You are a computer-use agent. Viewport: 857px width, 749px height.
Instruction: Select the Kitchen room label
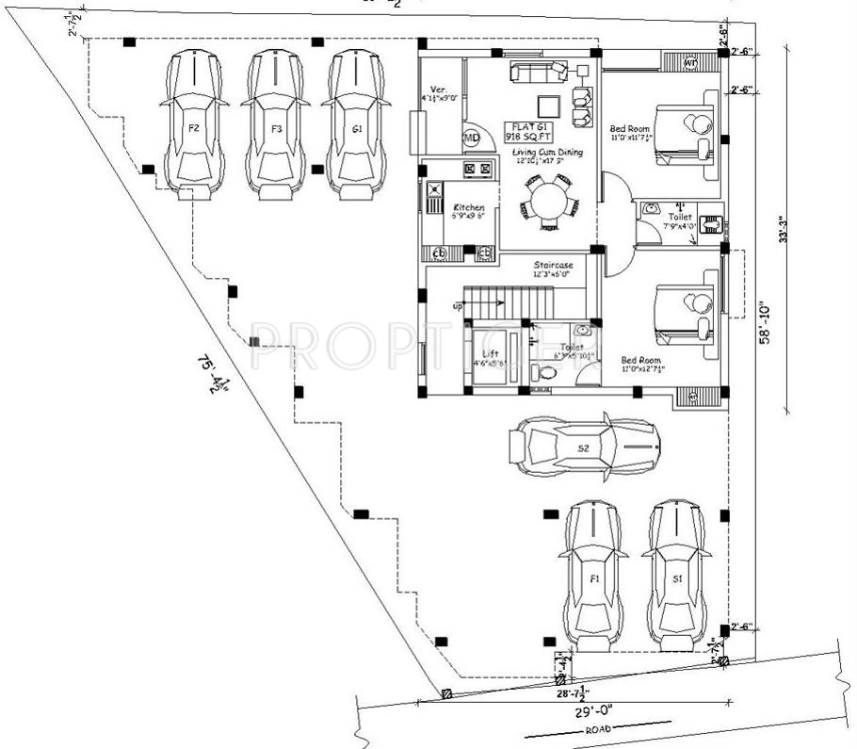[468, 208]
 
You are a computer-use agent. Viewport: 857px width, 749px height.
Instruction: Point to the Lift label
[490, 354]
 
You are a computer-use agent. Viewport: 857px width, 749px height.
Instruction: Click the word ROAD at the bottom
[597, 730]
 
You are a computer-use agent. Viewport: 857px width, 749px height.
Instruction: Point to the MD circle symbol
[471, 138]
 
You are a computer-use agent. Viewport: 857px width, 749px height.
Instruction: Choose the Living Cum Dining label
[547, 152]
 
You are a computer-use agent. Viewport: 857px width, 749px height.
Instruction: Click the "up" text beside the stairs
[458, 306]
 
